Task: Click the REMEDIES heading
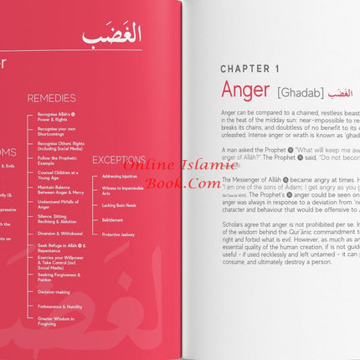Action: click(x=51, y=98)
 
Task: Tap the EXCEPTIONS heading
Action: click(x=118, y=159)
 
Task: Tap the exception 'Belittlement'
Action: click(x=112, y=220)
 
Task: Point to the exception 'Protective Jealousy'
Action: click(x=117, y=235)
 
